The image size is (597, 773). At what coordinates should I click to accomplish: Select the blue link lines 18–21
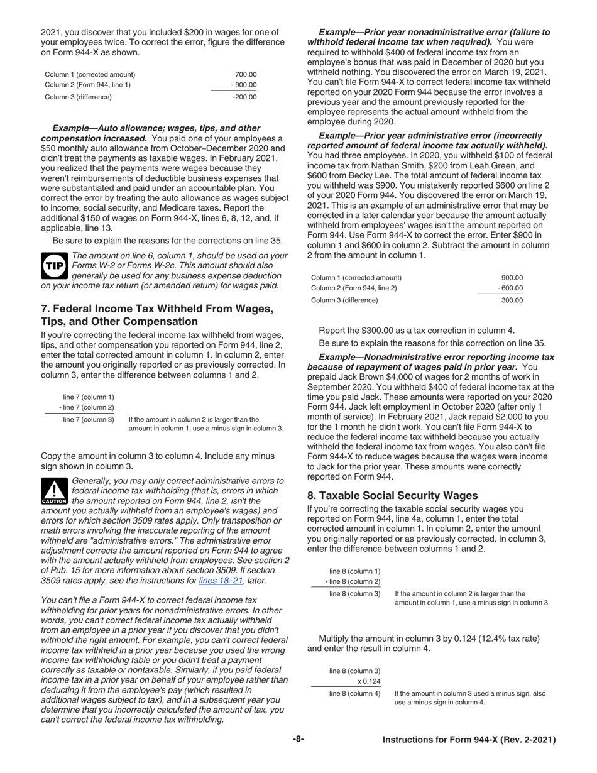pos(220,581)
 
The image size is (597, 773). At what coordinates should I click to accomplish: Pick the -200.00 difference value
pos(244,97)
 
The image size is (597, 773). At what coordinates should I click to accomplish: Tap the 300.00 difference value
pos(512,300)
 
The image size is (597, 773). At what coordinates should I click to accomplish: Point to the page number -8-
pos(298,739)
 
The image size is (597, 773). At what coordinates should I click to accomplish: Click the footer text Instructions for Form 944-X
pos(469,740)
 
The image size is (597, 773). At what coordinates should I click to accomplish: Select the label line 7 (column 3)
pos(89,419)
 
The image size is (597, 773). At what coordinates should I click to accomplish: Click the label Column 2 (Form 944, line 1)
pos(87,85)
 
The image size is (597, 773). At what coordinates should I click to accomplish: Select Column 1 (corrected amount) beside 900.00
pos(356,277)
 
